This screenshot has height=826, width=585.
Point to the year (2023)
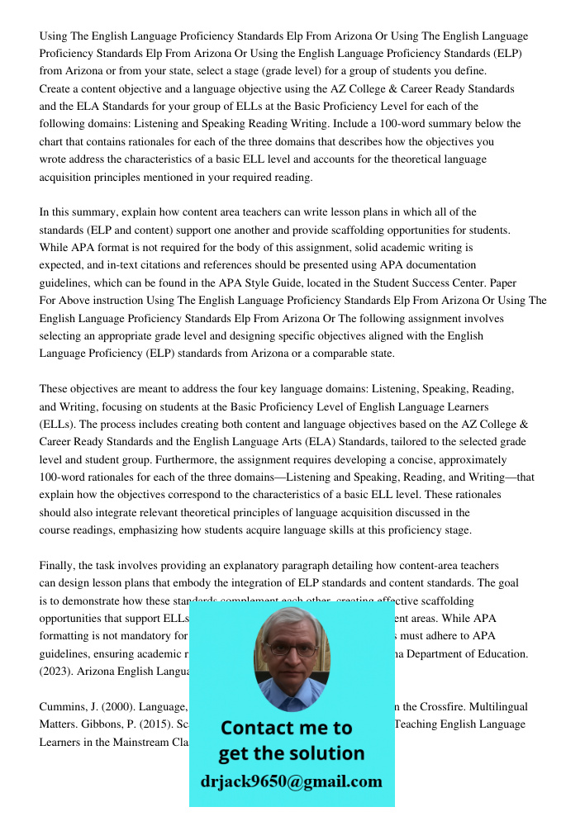(55, 672)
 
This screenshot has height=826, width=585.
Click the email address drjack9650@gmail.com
(292, 781)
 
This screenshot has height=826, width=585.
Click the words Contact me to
(286, 728)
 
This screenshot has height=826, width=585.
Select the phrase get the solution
(291, 753)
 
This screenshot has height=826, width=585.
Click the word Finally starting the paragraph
(59, 565)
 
